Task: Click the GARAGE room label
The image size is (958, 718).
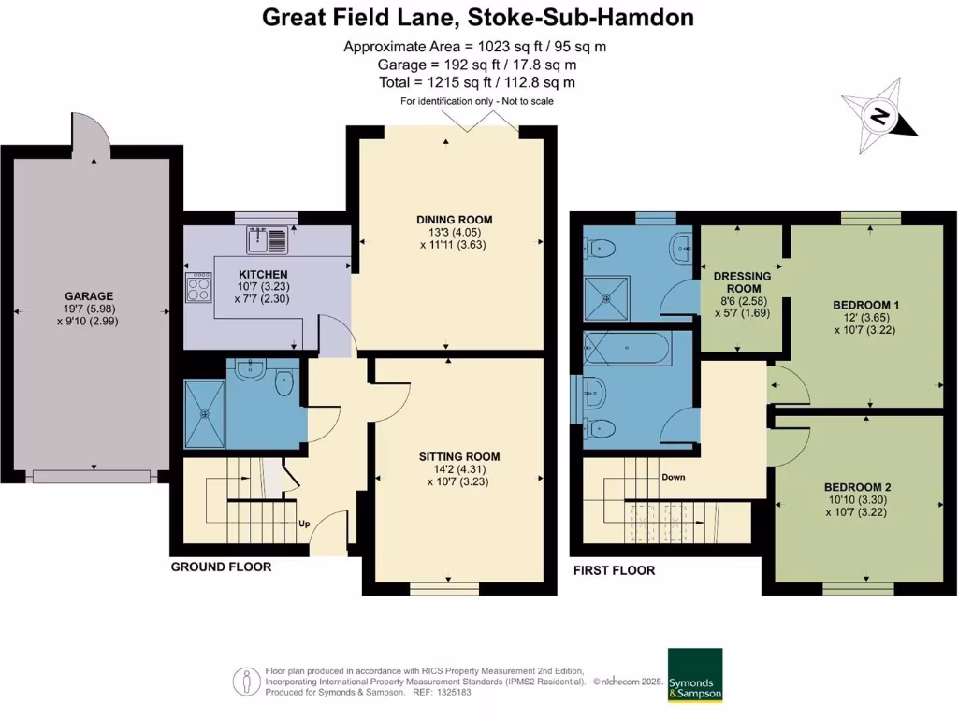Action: coord(89,296)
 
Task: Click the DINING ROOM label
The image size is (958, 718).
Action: coord(454,220)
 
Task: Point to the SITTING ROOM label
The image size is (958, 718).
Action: coord(459,457)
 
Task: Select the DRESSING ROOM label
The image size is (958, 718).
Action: coord(742,281)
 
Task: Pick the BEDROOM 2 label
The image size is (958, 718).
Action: coord(857,487)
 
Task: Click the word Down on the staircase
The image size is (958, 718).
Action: coord(673,477)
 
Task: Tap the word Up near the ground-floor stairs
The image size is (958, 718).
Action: coord(304,524)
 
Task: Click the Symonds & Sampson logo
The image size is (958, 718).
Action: coord(694,674)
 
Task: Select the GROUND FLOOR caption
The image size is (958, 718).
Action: coord(221,567)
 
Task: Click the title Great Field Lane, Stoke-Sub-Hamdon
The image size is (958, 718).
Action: coord(478,17)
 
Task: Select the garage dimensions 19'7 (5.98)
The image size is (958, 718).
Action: coord(89,309)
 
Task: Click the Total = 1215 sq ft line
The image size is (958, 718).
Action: coord(477,82)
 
